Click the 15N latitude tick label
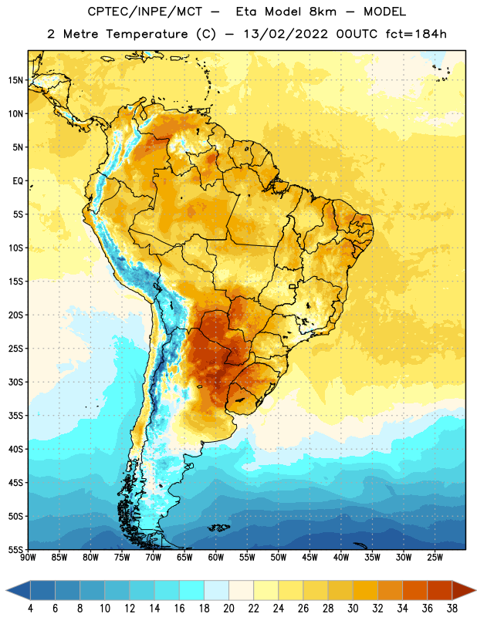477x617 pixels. click(15, 80)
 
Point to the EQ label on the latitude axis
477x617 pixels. click(18, 181)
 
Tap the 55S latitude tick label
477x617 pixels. click(15, 549)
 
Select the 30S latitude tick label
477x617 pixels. click(15, 382)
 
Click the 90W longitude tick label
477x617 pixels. click(28, 558)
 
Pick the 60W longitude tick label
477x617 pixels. click(216, 558)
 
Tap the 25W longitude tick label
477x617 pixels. click(435, 558)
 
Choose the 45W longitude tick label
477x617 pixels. click(310, 558)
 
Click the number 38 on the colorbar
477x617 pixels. click(452, 609)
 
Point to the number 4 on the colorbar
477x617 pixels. click(30, 609)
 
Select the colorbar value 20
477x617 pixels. click(228, 609)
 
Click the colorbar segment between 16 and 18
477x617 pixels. click(192, 590)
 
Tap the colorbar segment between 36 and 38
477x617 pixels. click(440, 590)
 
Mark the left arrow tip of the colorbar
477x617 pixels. click(6, 590)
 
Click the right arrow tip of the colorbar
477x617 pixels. click(476, 590)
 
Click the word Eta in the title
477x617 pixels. click(246, 12)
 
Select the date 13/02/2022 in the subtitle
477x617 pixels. click(285, 34)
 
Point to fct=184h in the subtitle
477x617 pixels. click(416, 34)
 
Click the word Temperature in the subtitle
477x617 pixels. click(147, 35)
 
